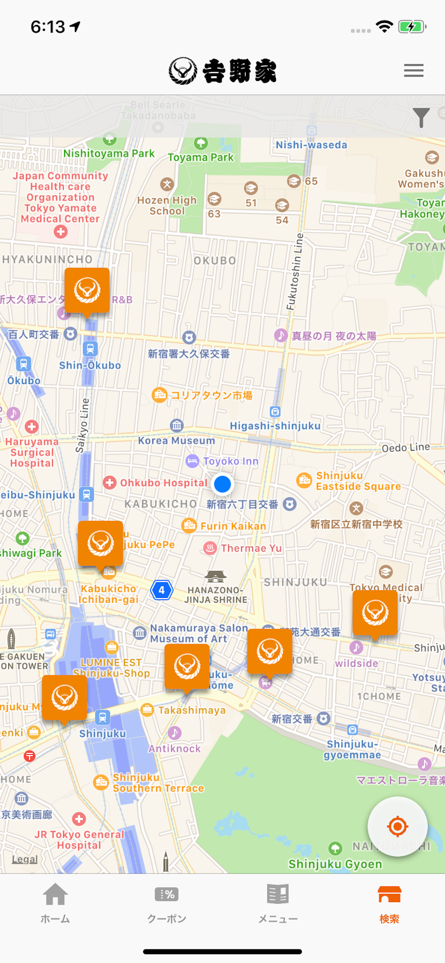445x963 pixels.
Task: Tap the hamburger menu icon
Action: [413, 70]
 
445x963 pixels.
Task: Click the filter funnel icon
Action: [421, 117]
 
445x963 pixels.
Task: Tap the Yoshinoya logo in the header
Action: [222, 71]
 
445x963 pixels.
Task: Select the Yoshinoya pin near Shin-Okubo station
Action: [87, 291]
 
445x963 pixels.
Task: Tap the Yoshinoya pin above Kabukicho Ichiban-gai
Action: [100, 543]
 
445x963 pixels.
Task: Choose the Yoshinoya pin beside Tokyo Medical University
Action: [375, 613]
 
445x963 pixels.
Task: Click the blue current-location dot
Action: [222, 484]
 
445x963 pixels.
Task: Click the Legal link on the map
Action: [25, 859]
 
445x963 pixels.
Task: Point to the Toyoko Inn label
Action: [230, 461]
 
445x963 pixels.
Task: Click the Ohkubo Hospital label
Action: [163, 483]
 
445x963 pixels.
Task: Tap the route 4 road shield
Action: [162, 590]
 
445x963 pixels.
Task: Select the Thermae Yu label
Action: [251, 548]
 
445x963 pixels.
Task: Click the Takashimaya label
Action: [192, 710]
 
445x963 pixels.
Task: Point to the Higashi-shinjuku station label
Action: [275, 426]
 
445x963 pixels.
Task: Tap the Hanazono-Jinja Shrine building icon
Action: [215, 576]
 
